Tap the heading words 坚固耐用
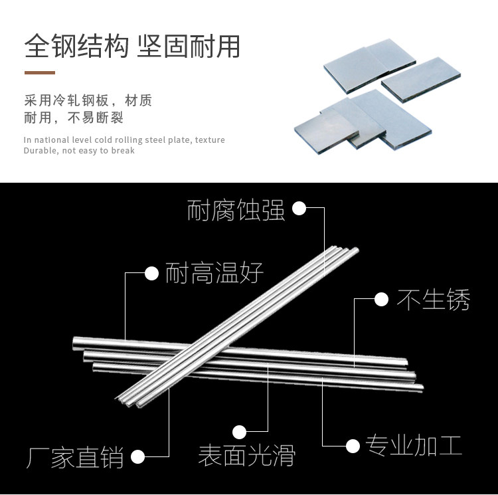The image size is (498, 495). coord(188,47)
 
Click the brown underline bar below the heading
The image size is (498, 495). coord(40,72)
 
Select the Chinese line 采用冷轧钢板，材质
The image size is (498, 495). coord(88,101)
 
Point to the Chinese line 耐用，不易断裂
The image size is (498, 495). coord(74,118)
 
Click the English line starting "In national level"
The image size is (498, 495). coord(124,140)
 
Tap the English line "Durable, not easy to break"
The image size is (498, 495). coord(79,151)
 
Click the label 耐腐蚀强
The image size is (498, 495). coord(236,211)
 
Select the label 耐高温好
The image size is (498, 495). coord(214,272)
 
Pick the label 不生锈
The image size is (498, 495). coord(434,300)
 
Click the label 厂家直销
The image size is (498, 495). coord(75,458)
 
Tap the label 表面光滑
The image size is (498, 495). coord(246,456)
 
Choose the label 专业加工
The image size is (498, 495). coord(414,445)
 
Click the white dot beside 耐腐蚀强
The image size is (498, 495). coord(299,209)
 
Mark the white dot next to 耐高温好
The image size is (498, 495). coord(152,272)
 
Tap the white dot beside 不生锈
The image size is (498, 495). coord(381,300)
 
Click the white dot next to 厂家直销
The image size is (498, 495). coord(138,457)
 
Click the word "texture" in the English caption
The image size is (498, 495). coord(210,140)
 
